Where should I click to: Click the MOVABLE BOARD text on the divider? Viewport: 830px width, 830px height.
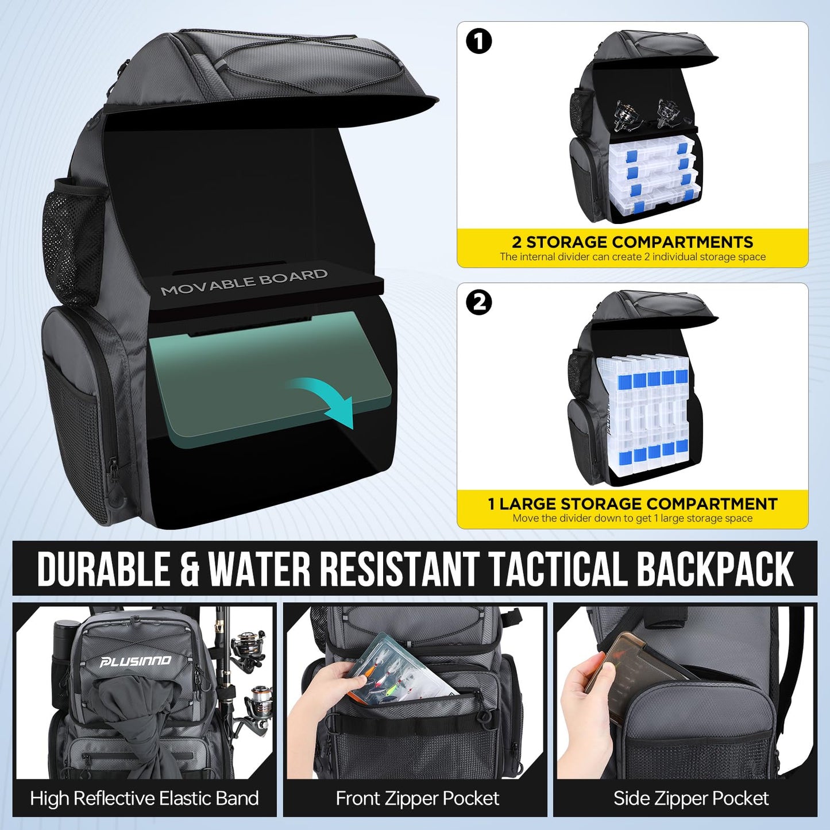pos(244,282)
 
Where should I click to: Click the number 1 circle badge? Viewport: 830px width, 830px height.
pos(479,42)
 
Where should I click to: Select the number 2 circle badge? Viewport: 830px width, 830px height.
pos(479,303)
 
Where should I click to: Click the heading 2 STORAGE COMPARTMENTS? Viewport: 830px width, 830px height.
pos(632,242)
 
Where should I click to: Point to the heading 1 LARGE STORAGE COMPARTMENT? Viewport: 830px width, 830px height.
pos(632,504)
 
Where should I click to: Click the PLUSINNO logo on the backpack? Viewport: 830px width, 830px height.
pos(135,662)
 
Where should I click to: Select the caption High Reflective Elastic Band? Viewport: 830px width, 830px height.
pos(144,798)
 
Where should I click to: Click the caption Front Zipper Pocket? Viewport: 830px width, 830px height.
pos(418,798)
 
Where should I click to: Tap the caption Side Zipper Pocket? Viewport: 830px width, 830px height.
pos(691,798)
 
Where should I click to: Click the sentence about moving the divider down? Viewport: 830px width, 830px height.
pos(632,518)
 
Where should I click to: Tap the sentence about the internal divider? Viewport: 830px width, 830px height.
pos(632,257)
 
